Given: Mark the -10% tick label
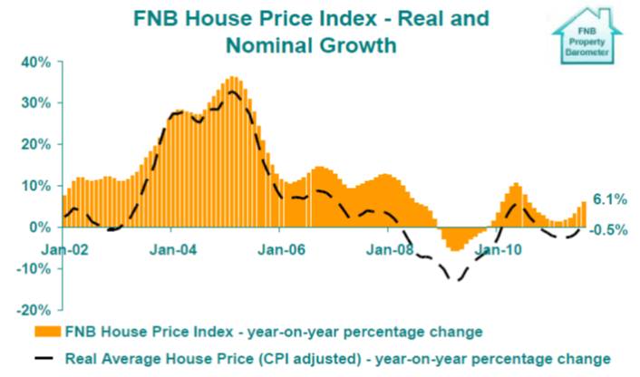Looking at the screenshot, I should [34, 268].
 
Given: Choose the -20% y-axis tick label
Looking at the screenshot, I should [34, 309].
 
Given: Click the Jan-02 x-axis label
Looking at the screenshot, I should [63, 246].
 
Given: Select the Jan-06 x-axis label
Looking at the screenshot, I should [280, 246].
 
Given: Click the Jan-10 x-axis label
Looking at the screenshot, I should [496, 246].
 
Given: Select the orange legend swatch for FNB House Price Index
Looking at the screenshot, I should [46, 330].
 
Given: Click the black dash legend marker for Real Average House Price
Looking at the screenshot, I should [46, 357].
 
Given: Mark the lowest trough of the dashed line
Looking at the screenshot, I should [456, 280].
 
